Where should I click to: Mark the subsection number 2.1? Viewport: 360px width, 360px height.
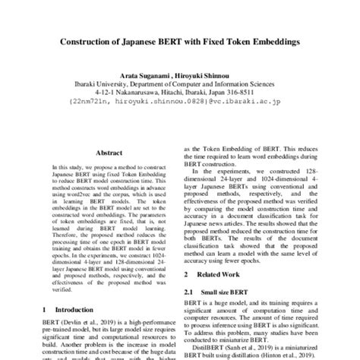[190, 290]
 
